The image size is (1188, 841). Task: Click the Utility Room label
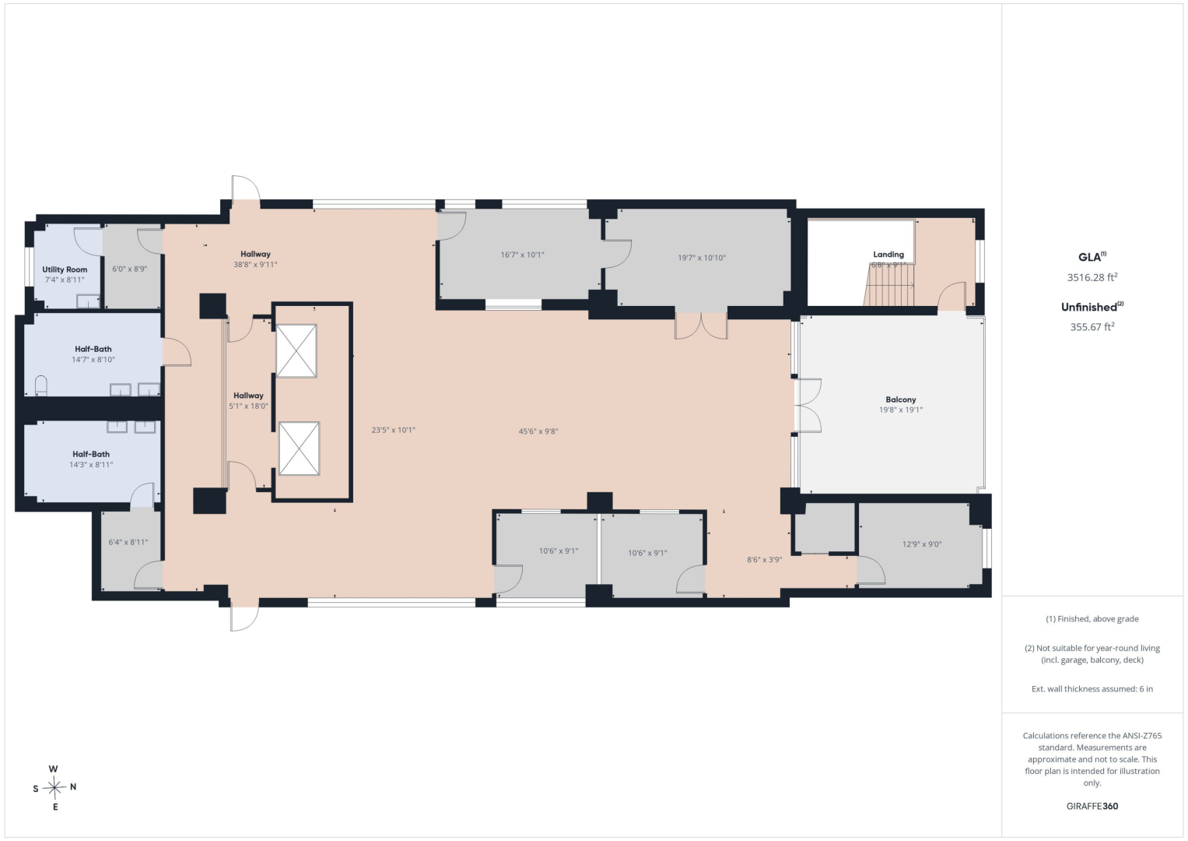point(65,269)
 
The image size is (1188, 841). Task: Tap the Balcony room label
point(901,399)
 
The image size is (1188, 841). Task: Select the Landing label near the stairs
point(888,255)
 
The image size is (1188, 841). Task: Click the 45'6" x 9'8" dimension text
point(538,431)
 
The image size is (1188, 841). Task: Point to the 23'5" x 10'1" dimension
point(394,430)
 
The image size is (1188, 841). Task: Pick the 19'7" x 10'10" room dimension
point(702,258)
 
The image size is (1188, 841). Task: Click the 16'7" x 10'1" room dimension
point(522,255)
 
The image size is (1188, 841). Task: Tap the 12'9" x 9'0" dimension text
point(922,544)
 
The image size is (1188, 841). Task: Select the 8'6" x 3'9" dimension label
point(764,560)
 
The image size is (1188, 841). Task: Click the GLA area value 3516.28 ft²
point(1092,277)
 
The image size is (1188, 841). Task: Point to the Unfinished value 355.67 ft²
point(1092,327)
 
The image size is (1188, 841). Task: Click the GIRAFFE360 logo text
point(1092,806)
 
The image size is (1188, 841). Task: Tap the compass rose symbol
point(54,787)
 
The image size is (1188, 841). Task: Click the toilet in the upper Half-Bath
point(40,385)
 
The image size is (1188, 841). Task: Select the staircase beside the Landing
point(889,285)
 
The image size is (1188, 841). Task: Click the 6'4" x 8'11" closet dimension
point(128,542)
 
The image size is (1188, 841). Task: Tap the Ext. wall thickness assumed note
point(1092,688)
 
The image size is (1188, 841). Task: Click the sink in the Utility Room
point(88,301)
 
